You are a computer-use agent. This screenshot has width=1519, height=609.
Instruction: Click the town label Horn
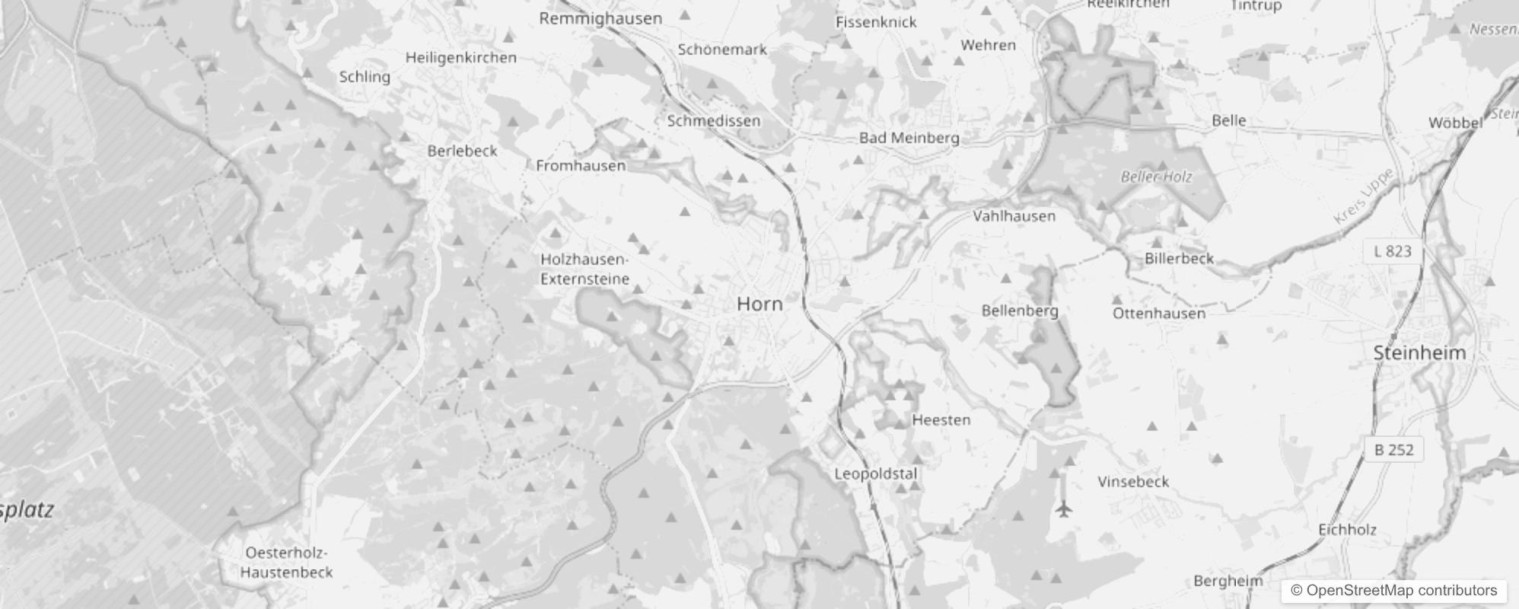point(759,304)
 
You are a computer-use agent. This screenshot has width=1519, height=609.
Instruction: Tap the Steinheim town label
point(1419,352)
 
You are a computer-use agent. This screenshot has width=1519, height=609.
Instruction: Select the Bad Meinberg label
point(909,138)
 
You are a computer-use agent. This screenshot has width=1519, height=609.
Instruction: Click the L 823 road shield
point(1393,251)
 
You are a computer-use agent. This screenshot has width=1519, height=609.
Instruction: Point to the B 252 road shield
point(1394,450)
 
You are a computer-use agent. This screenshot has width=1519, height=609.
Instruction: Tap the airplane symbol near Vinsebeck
point(1064,508)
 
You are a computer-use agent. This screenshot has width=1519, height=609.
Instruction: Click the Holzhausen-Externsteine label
point(584,269)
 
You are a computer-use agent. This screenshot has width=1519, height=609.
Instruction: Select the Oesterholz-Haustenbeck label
point(286,563)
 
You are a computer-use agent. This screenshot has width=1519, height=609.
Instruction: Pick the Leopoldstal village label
point(876,473)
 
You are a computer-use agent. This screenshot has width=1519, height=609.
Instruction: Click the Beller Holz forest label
point(1156,177)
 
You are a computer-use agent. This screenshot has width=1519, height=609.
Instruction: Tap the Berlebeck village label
point(462,151)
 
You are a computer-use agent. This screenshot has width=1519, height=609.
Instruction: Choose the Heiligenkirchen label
point(460,58)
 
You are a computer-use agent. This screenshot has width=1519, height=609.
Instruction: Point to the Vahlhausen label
point(1014,216)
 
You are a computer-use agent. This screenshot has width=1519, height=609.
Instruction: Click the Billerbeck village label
point(1179,258)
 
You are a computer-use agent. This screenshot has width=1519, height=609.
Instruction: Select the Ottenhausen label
point(1159,313)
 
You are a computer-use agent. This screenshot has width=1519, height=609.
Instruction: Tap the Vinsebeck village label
point(1133,481)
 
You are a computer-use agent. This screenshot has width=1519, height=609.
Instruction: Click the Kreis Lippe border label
point(1364,196)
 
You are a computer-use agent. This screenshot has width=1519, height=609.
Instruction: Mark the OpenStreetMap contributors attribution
point(1393,591)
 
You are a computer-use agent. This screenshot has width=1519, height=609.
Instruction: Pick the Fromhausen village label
point(581,165)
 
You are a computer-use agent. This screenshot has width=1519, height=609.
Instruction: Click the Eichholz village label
point(1347,529)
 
